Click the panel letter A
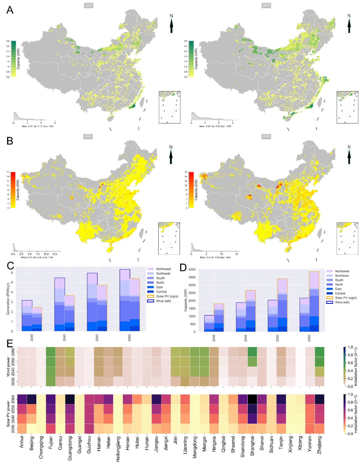(x=10, y=10)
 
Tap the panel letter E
(x=10, y=344)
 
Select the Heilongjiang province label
(x=118, y=449)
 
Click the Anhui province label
(x=22, y=442)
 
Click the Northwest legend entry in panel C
(x=163, y=269)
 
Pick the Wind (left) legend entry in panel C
(x=163, y=301)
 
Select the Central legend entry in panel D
(x=340, y=294)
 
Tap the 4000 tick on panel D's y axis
(x=192, y=270)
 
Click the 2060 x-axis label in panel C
(x=129, y=338)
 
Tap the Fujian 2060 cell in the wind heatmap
(x=51, y=352)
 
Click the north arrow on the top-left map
(x=171, y=24)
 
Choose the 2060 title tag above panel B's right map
(x=266, y=136)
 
